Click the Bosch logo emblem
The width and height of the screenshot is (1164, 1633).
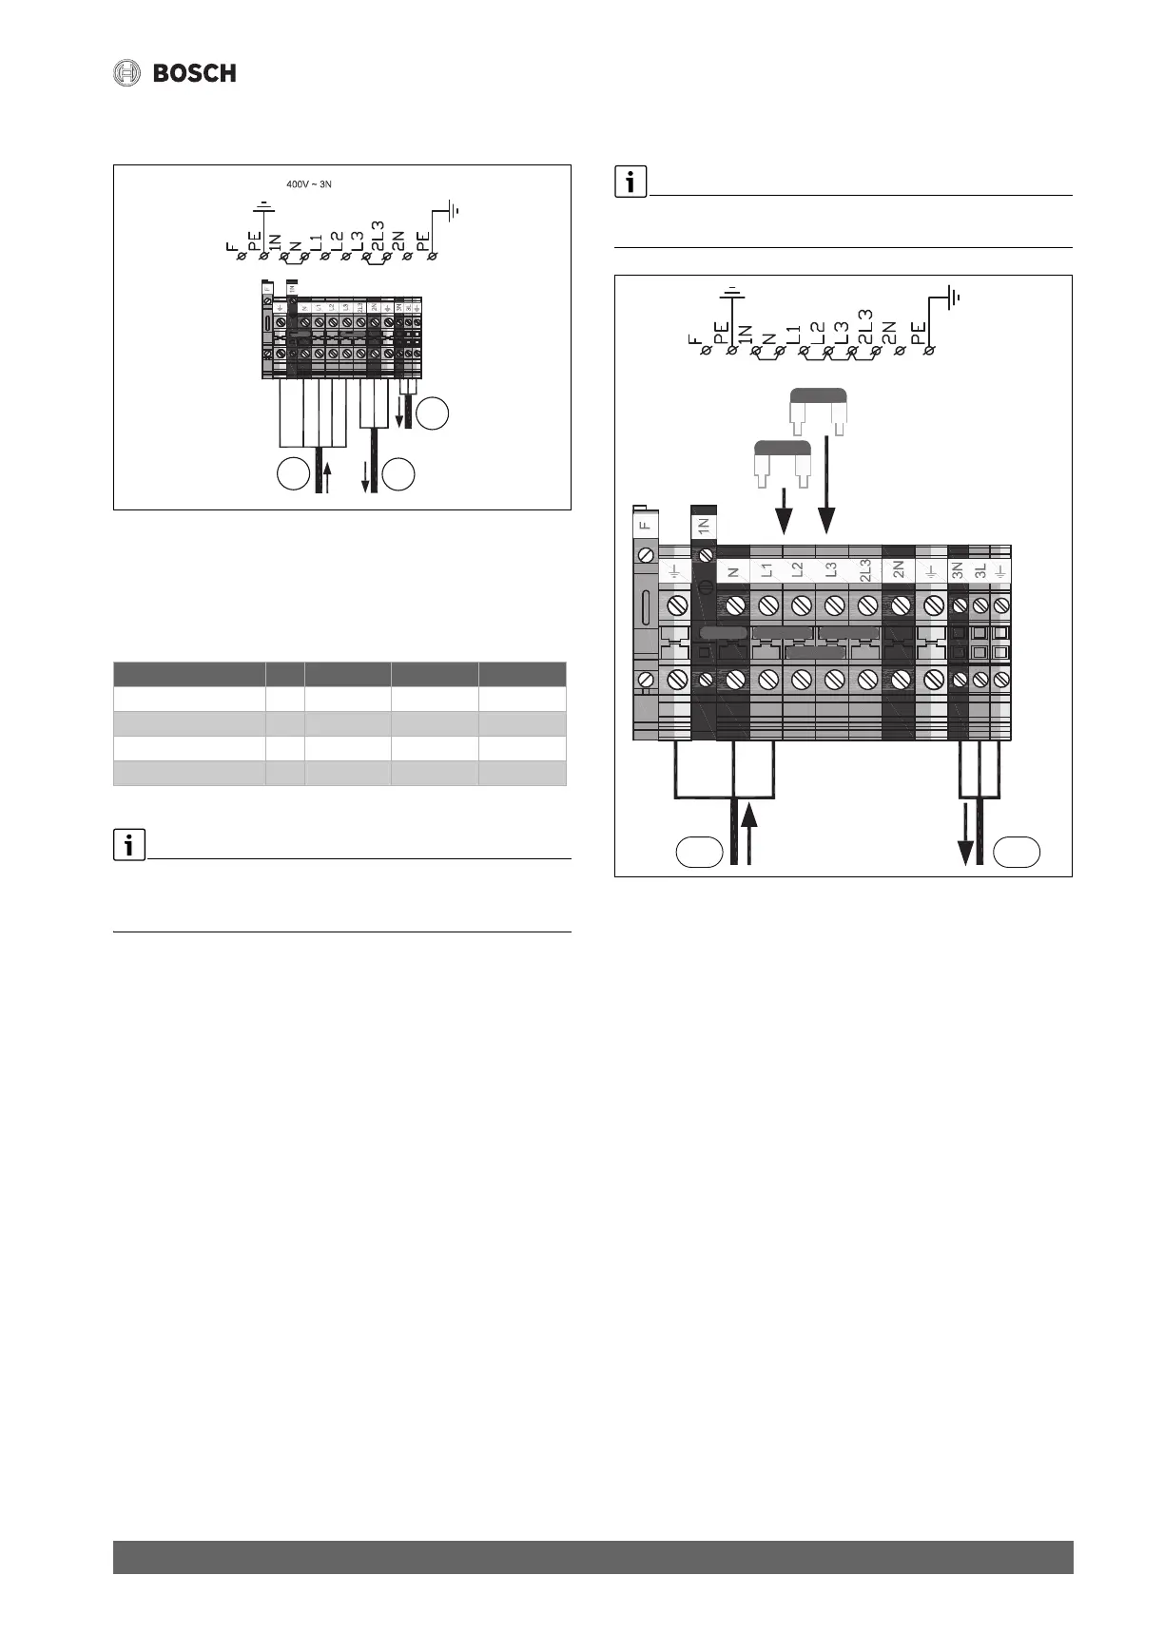pos(127,73)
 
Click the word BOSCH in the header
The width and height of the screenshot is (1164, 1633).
pos(195,73)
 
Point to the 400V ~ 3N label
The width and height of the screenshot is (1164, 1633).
pos(309,183)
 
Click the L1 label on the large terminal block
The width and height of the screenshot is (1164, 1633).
pos(766,570)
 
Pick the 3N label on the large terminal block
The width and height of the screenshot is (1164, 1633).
pos(959,570)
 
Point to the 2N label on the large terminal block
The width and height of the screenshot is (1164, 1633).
pos(898,570)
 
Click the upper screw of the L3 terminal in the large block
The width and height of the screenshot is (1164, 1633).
pos(834,605)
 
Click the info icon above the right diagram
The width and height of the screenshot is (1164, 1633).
pos(630,182)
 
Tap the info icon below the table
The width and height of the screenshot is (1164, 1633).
pos(128,844)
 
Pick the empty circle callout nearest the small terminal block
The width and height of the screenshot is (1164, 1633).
pos(433,414)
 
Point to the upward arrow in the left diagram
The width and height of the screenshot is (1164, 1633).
pos(327,475)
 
